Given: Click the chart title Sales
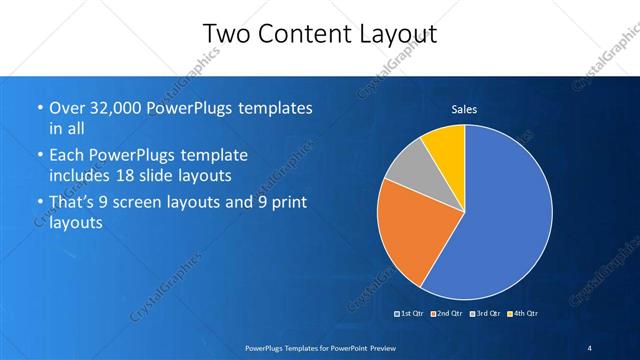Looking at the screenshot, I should pos(464,108).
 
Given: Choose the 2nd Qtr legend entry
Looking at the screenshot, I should pos(447,314).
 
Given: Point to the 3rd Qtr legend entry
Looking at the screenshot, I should pos(486,314).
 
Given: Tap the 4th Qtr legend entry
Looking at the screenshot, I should pos(523,314).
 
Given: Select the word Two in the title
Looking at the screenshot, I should pos(227,34).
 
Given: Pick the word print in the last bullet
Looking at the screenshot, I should pos(289,203).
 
